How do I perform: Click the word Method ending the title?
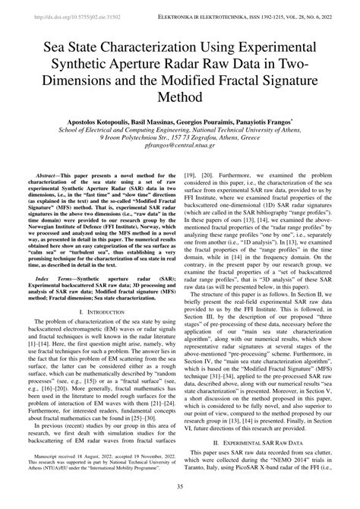180,97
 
